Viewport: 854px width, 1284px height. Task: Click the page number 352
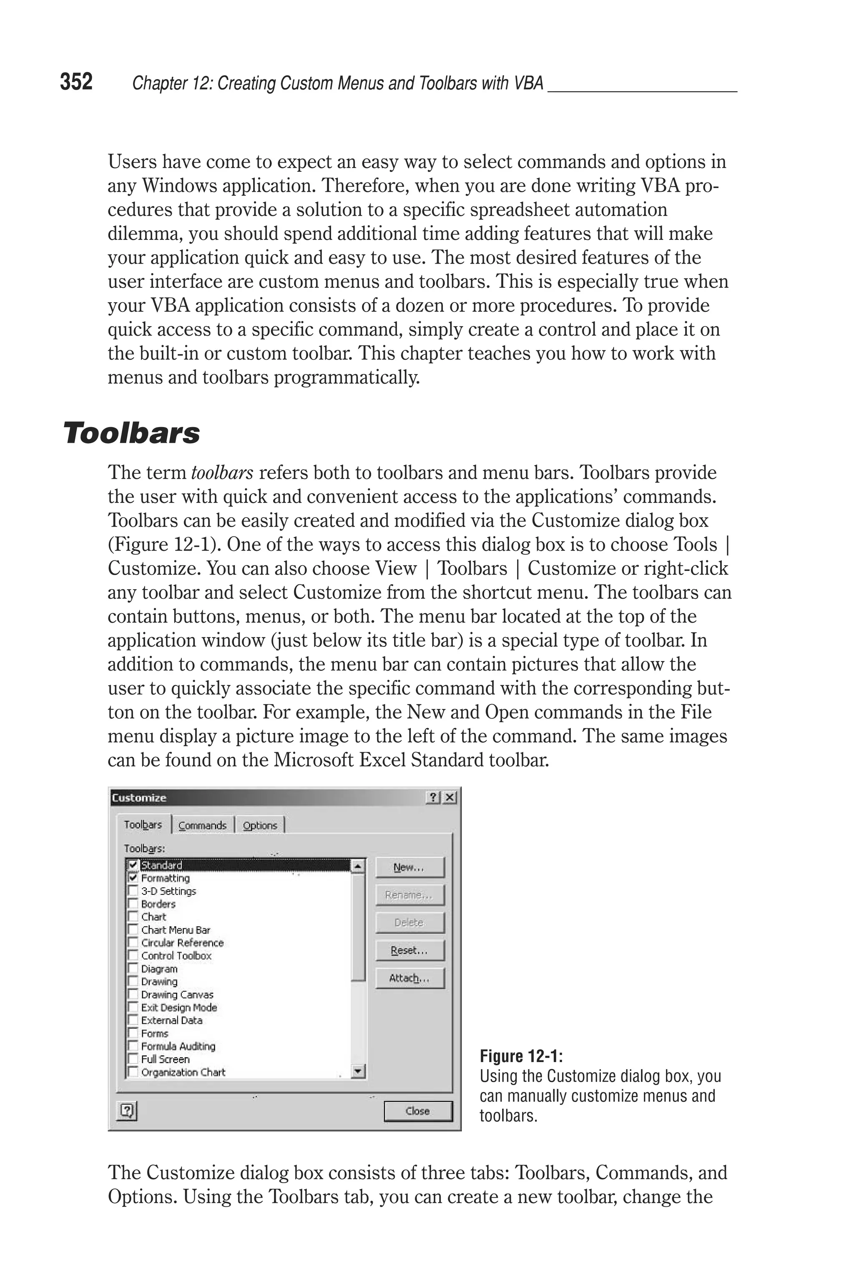coord(76,82)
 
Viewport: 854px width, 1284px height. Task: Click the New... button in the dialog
coord(409,867)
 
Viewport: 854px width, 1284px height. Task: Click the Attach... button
coord(409,978)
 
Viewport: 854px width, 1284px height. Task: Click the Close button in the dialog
coord(418,1111)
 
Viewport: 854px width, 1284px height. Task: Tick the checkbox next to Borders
coord(132,904)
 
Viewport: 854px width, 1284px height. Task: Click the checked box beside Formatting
coord(132,878)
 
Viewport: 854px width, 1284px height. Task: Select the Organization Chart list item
coord(183,1072)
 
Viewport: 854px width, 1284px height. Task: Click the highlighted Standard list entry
coord(162,865)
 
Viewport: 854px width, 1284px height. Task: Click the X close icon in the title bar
coord(450,798)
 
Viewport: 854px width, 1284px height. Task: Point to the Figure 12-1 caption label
coord(521,1056)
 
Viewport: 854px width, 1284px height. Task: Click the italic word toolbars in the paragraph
coord(222,472)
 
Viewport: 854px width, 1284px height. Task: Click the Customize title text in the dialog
coord(139,798)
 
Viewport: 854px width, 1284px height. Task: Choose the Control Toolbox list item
coord(176,956)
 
